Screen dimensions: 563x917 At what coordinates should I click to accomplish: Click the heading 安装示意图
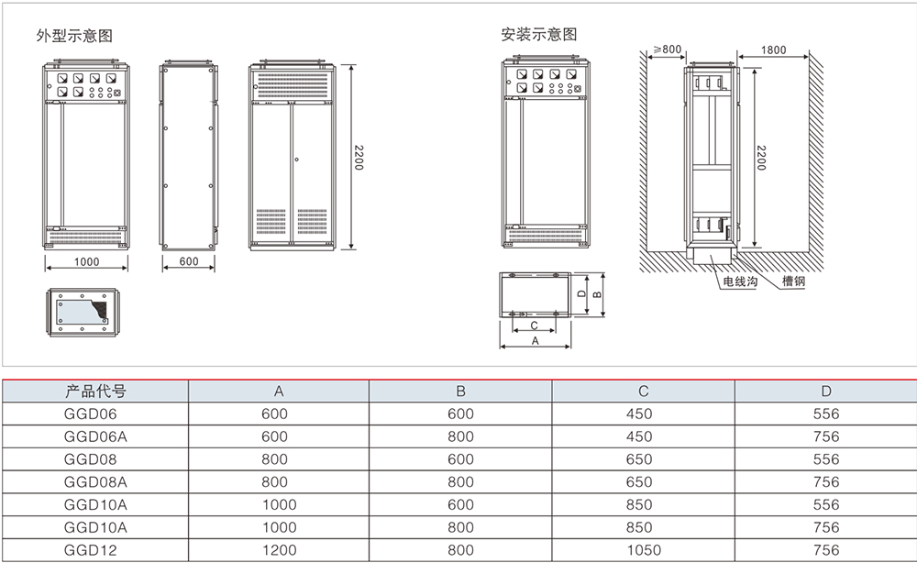[x=539, y=35]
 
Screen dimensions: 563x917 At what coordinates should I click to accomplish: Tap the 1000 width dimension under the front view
[x=86, y=262]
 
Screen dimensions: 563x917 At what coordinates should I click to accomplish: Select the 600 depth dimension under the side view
[x=189, y=262]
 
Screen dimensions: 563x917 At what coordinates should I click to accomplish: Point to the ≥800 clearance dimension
[x=668, y=50]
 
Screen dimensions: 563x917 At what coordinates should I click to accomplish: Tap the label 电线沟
[x=740, y=282]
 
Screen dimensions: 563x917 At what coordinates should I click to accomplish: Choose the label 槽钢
[x=793, y=282]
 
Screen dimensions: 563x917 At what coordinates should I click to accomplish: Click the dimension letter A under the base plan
[x=535, y=340]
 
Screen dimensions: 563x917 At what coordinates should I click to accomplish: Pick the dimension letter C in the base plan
[x=534, y=326]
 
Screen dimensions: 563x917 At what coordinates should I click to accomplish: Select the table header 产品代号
[x=95, y=392]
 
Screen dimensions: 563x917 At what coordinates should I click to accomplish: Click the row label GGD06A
[x=95, y=436]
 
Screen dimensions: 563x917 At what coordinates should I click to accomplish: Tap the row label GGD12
[x=88, y=549]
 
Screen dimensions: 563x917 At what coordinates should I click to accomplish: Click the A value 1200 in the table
[x=280, y=549]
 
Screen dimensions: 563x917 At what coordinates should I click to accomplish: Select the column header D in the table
[x=825, y=392]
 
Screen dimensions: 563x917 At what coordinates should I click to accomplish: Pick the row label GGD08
[x=88, y=459]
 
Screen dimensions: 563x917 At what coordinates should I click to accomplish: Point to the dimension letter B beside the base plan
[x=596, y=294]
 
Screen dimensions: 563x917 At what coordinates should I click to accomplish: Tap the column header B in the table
[x=461, y=392]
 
